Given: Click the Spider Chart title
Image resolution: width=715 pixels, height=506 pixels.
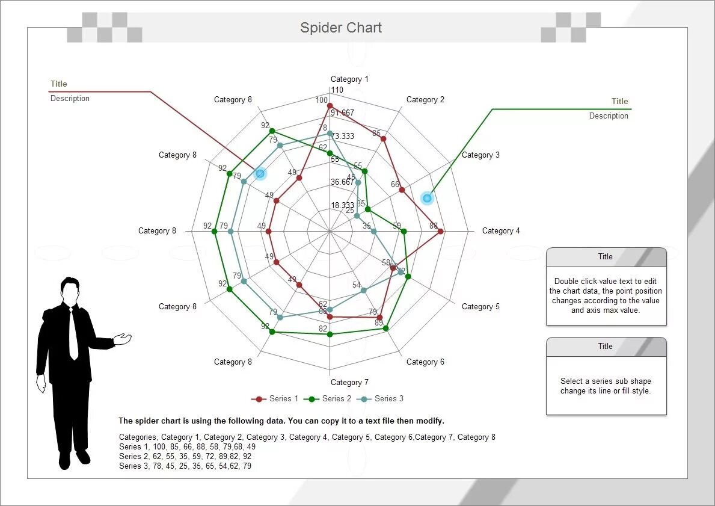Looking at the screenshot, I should tap(341, 28).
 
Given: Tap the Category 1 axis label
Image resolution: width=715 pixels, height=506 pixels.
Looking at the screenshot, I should tap(349, 79).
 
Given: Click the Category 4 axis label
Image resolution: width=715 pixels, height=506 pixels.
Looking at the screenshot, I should tap(501, 231).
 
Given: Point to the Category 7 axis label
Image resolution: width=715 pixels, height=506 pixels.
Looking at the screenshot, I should tap(349, 383).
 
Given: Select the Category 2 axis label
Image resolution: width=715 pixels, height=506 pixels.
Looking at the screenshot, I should tap(425, 100).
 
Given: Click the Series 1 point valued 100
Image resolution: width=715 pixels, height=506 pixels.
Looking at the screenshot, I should tap(330, 106).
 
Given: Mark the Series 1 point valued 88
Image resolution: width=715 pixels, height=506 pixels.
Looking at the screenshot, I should tap(441, 231).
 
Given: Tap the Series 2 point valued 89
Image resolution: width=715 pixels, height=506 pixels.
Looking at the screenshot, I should tap(385, 329).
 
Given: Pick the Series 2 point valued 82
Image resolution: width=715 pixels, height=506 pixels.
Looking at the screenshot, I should tap(330, 334).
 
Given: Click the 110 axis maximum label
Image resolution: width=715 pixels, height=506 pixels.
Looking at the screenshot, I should tap(337, 90).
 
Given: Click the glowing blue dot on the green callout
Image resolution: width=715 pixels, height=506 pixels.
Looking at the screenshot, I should tap(427, 198).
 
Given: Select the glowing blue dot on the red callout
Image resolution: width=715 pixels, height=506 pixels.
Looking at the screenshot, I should tap(260, 173).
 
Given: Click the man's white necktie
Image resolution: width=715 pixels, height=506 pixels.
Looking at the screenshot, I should tap(73, 334).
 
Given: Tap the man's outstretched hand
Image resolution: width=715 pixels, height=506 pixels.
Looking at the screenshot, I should tap(123, 339).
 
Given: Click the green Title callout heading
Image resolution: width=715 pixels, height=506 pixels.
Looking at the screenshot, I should tap(619, 102).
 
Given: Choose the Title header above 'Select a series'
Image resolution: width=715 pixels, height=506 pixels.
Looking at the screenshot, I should tap(606, 347).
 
